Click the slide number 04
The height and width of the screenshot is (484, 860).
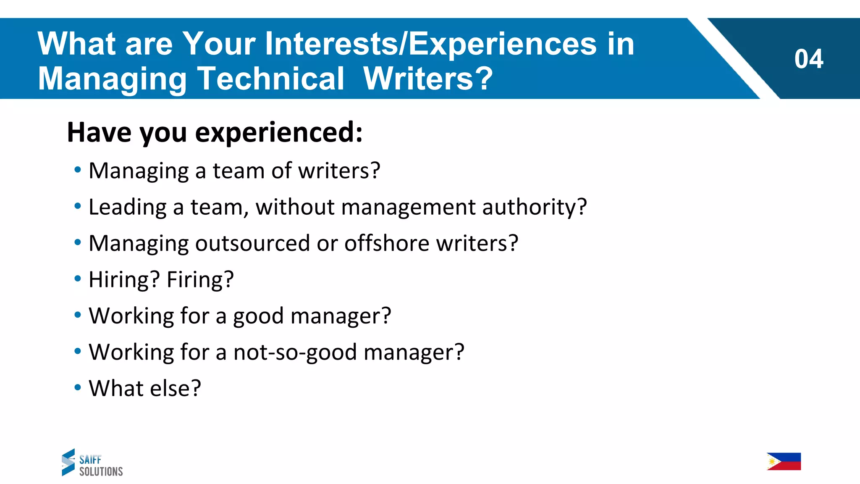coord(808,59)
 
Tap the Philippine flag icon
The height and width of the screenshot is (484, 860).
coord(784,461)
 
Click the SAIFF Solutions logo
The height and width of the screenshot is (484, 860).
coord(92,463)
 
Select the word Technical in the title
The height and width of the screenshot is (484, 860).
coord(271,79)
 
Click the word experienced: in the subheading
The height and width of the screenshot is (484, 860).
coord(279,132)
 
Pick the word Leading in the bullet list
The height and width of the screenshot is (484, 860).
coord(128,207)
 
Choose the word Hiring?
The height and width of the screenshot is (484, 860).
coord(124,280)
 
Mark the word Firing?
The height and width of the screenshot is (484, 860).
coord(200,280)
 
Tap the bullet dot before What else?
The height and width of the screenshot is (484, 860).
coord(78,387)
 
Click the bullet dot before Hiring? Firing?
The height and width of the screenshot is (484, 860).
coord(78,279)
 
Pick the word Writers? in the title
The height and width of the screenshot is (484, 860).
coord(428,79)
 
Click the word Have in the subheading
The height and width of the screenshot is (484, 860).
coord(100,132)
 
